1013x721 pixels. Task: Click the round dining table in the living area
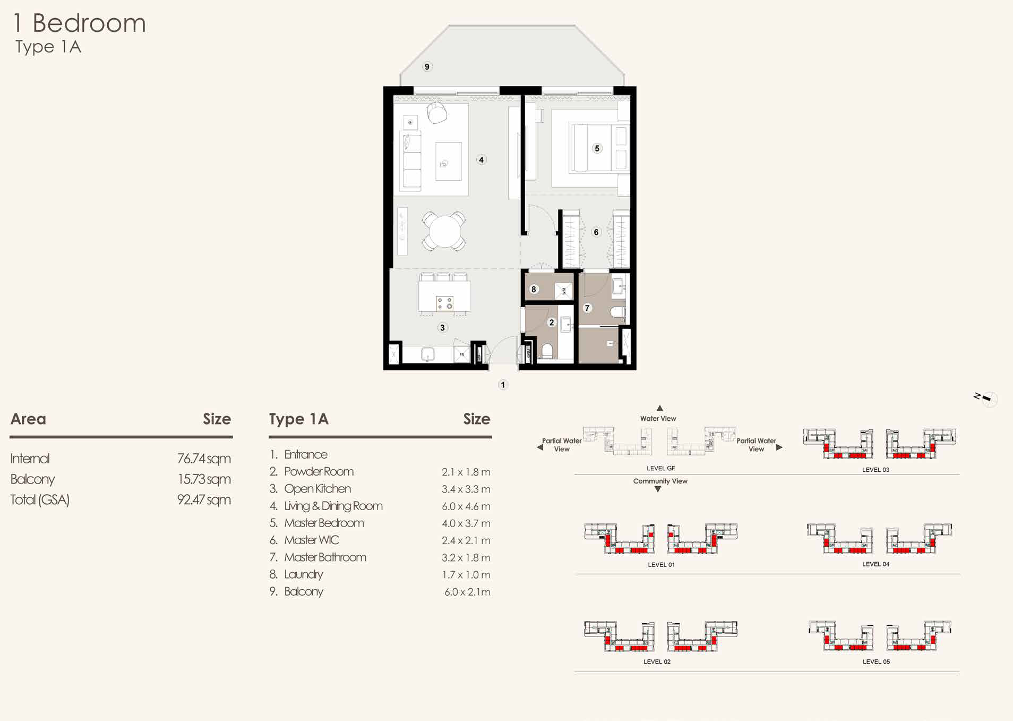pos(444,232)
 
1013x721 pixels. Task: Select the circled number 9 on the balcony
pos(427,66)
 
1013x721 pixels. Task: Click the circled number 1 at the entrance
pos(503,385)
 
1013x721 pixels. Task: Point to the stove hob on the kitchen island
pos(444,303)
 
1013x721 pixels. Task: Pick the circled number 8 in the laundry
pos(534,289)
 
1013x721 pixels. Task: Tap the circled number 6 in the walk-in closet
pos(596,232)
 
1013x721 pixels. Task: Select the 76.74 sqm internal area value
pos(204,459)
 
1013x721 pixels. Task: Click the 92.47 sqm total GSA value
pos(204,500)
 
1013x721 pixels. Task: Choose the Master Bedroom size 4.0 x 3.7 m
pos(466,523)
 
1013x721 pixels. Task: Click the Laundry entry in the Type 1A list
pos(303,574)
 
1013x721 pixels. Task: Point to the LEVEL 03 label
pos(875,470)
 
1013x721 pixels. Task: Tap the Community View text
pos(660,481)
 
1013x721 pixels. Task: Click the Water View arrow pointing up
pos(659,408)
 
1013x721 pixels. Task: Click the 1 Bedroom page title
pos(80,23)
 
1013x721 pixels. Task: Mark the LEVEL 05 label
pos(876,662)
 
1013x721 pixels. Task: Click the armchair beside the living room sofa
pos(436,113)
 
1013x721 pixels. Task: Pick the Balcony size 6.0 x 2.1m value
pos(467,592)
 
